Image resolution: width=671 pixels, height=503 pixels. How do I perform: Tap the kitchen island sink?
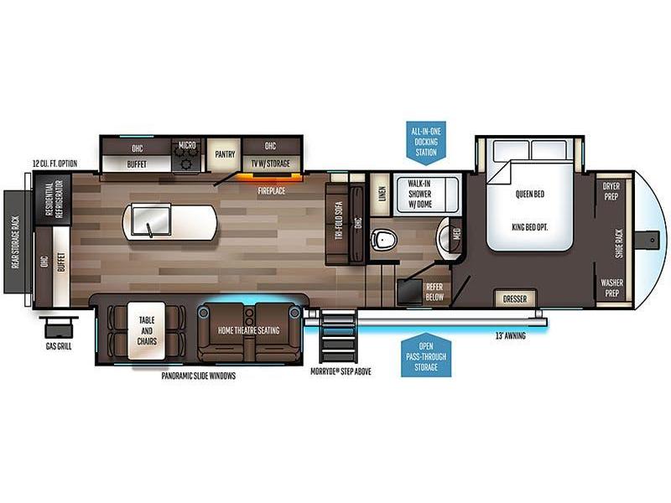coord(151,220)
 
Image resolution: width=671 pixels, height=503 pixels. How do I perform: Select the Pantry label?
coord(225,154)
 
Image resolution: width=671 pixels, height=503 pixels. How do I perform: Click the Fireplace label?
coord(271,191)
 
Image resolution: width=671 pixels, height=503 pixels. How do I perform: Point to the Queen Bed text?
coord(530,194)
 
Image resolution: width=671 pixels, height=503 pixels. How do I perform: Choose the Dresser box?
coord(515,299)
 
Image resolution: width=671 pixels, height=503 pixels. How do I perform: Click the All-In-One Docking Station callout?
coord(426,143)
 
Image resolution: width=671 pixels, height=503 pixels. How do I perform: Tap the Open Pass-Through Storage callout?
coord(426,355)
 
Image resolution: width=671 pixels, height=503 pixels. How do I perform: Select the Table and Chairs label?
coord(147,330)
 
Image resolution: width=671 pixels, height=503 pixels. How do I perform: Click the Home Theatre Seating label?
coord(248,330)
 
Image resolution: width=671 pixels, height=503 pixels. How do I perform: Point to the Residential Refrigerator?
coord(53,199)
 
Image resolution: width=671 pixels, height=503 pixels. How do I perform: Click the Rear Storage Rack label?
coord(16,242)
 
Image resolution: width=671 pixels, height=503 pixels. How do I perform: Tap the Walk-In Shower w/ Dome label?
coord(419,194)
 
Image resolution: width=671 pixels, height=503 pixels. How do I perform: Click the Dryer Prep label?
coord(611,191)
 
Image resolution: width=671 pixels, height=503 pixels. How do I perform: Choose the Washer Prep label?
coord(611,288)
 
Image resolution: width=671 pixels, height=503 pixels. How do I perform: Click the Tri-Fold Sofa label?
coord(339,220)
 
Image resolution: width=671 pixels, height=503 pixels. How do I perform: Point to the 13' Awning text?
coord(511,336)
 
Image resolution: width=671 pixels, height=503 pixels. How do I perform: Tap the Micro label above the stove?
coord(187,145)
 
